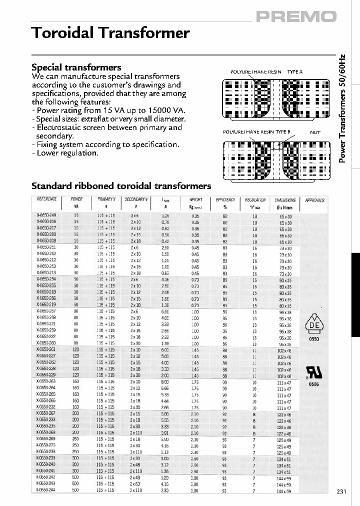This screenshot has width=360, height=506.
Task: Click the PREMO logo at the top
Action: (x=296, y=17)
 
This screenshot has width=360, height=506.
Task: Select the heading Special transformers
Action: (x=76, y=67)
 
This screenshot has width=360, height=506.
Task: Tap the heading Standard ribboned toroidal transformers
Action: (x=121, y=186)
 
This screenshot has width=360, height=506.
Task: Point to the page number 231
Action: (x=341, y=491)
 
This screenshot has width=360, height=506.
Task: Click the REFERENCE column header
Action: (x=47, y=199)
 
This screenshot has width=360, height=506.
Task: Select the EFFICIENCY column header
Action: (x=225, y=199)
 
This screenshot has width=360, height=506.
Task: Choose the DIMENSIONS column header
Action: (x=285, y=199)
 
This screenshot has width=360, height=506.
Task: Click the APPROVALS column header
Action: (x=314, y=200)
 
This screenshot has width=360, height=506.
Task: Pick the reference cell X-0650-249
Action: (x=46, y=215)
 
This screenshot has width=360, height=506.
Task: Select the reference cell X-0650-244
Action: (x=46, y=490)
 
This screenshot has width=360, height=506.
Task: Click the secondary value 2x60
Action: (x=135, y=484)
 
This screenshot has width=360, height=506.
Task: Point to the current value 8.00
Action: (x=165, y=381)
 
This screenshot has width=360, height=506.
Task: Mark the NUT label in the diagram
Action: (x=315, y=132)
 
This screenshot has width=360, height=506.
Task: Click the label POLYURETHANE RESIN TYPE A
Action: (x=266, y=72)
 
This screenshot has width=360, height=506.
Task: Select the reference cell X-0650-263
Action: (x=46, y=381)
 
